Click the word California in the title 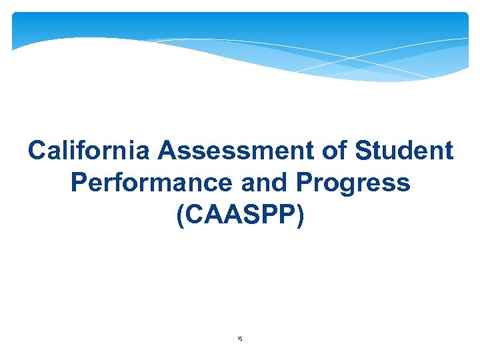click(90, 151)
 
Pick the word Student click(404, 151)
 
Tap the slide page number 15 click(240, 339)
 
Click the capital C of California click(37, 151)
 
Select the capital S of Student click(364, 151)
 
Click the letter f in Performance click(120, 183)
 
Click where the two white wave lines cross click(361, 58)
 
